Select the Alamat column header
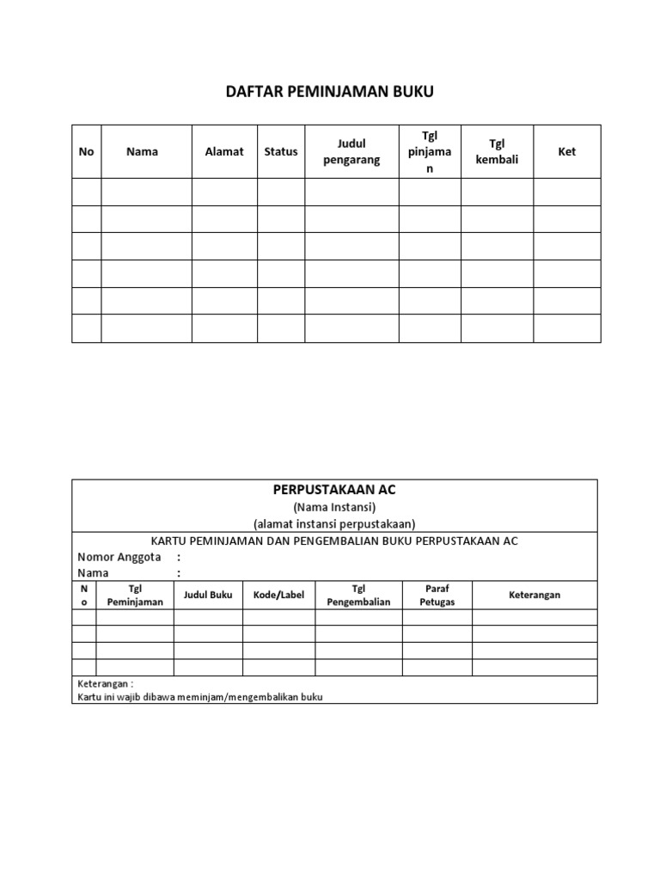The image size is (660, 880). click(224, 151)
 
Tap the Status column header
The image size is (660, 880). click(281, 151)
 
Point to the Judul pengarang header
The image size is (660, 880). click(351, 151)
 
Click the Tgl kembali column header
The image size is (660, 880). click(497, 151)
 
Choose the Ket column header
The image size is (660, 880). click(567, 151)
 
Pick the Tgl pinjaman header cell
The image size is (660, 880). click(430, 151)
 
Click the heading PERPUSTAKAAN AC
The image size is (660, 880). click(334, 489)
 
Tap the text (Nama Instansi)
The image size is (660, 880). click(334, 507)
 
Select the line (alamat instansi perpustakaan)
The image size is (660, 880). click(334, 523)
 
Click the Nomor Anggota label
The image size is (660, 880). click(119, 557)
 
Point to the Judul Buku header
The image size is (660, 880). click(208, 595)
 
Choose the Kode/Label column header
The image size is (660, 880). click(278, 595)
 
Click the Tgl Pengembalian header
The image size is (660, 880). click(359, 595)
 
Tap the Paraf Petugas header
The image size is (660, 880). click(437, 595)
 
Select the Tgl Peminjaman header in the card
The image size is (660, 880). click(135, 595)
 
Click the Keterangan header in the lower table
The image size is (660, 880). click(535, 595)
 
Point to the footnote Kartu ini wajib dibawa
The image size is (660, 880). click(199, 696)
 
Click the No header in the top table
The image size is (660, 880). click(86, 151)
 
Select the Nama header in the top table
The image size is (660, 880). click(142, 151)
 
